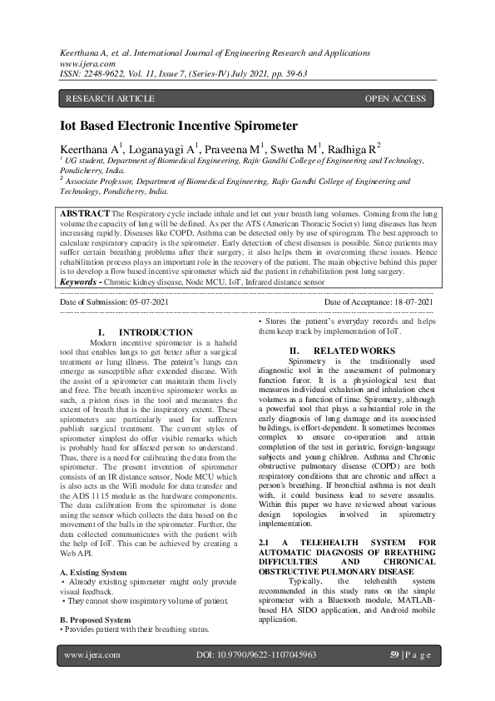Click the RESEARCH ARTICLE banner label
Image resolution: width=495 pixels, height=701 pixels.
pyautogui.click(x=110, y=99)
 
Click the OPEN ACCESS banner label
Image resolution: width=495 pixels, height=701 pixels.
pyautogui.click(x=395, y=99)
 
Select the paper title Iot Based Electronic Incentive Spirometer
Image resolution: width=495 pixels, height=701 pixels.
pyautogui.click(x=179, y=126)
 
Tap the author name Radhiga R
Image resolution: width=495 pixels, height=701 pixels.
pyautogui.click(x=353, y=148)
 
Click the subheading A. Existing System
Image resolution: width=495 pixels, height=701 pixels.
pyautogui.click(x=94, y=572)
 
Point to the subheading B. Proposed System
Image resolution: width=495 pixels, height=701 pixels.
pyautogui.click(x=96, y=619)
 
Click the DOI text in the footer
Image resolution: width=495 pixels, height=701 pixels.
pyautogui.click(x=255, y=655)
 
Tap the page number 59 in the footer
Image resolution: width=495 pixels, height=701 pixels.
pyautogui.click(x=395, y=655)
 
